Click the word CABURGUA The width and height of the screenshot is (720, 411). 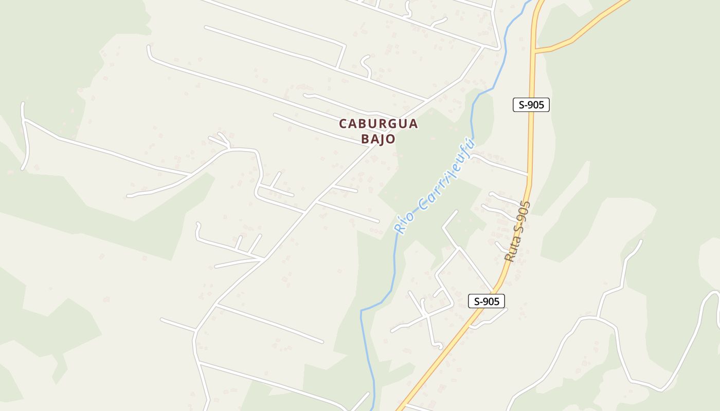click(378, 124)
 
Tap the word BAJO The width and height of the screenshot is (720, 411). click(378, 139)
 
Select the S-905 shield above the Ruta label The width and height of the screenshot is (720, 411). click(531, 105)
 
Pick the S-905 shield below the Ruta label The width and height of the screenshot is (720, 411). click(486, 301)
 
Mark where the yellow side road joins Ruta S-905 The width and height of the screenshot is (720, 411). click(535, 50)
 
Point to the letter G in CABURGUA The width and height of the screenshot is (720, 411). click(389, 124)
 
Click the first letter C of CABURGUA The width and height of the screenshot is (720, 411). click(343, 124)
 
